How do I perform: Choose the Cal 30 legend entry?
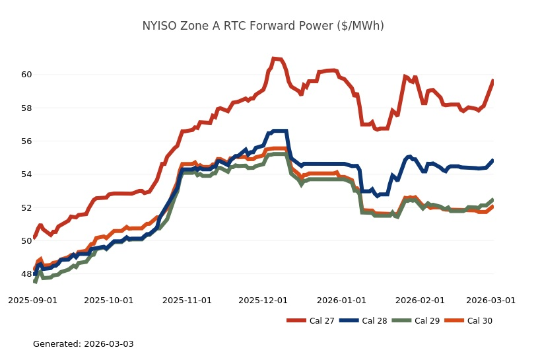479,321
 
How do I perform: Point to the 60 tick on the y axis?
26,75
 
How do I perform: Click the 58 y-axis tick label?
26,108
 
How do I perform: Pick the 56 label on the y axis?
26,141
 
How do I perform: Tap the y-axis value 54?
26,174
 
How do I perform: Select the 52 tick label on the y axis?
26,207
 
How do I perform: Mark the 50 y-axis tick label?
26,241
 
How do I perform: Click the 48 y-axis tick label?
26,274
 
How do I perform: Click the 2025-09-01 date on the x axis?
32,300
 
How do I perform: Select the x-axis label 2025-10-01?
108,300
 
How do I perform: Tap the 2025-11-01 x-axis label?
186,300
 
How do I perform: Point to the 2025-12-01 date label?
263,300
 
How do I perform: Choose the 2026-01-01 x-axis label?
341,300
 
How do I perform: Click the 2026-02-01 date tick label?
419,300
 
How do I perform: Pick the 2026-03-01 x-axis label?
490,300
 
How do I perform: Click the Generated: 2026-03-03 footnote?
83,344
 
